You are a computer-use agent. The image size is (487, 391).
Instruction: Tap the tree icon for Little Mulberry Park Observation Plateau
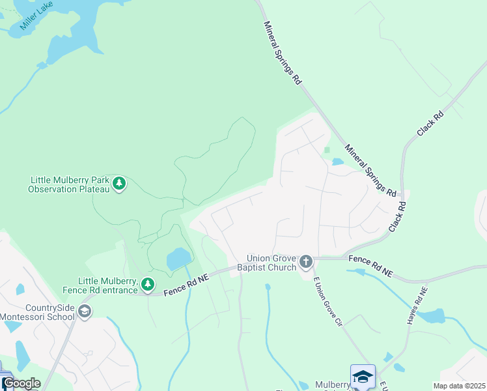(x=118, y=184)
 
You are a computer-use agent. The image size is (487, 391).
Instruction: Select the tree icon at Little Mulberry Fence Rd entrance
(x=148, y=284)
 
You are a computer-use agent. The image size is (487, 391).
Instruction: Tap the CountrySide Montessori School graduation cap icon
(x=84, y=311)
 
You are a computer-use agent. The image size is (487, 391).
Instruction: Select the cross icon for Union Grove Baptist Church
(x=307, y=262)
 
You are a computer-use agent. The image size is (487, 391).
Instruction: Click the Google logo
(x=21, y=383)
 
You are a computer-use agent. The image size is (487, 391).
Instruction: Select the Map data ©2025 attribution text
(x=458, y=386)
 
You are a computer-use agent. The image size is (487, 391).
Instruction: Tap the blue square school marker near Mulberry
(x=363, y=377)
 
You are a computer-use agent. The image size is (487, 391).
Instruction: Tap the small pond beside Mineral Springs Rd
(x=337, y=162)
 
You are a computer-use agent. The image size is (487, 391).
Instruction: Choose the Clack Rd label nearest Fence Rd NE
(x=397, y=216)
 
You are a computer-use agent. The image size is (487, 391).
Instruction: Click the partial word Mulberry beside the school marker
(x=332, y=384)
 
